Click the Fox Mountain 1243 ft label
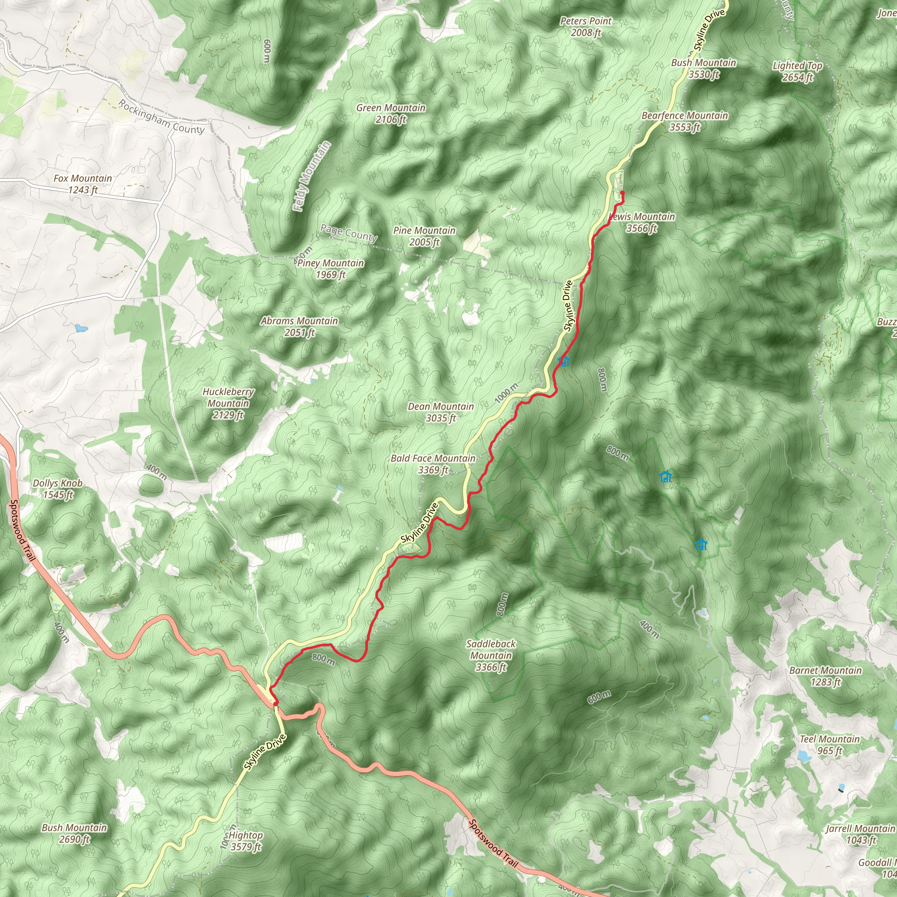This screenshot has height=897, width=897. click(x=83, y=184)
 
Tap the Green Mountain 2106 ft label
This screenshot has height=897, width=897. click(x=391, y=113)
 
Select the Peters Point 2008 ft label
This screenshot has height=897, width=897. click(x=586, y=26)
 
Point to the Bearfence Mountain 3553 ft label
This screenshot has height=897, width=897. click(x=685, y=121)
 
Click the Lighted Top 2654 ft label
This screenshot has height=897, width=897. click(x=797, y=71)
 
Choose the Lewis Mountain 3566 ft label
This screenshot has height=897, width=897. click(x=643, y=222)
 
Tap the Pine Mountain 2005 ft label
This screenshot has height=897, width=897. click(x=424, y=236)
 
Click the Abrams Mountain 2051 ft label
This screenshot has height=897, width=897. click(x=300, y=326)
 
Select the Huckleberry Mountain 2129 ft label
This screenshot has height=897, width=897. click(x=228, y=403)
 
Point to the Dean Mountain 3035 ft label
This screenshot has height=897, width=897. click(x=441, y=412)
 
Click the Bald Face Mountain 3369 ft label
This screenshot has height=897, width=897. click(x=433, y=464)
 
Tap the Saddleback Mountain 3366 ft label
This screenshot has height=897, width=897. click(x=491, y=655)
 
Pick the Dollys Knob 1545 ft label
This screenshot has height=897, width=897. click(x=57, y=488)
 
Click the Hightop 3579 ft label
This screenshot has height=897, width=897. click(x=246, y=841)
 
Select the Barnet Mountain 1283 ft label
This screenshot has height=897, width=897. click(x=826, y=676)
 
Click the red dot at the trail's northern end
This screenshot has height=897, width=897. click(x=622, y=193)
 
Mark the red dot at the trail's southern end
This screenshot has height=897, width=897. click(x=276, y=703)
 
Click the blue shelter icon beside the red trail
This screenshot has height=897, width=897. click(x=564, y=361)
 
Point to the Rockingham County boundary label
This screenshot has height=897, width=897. click(x=161, y=117)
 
